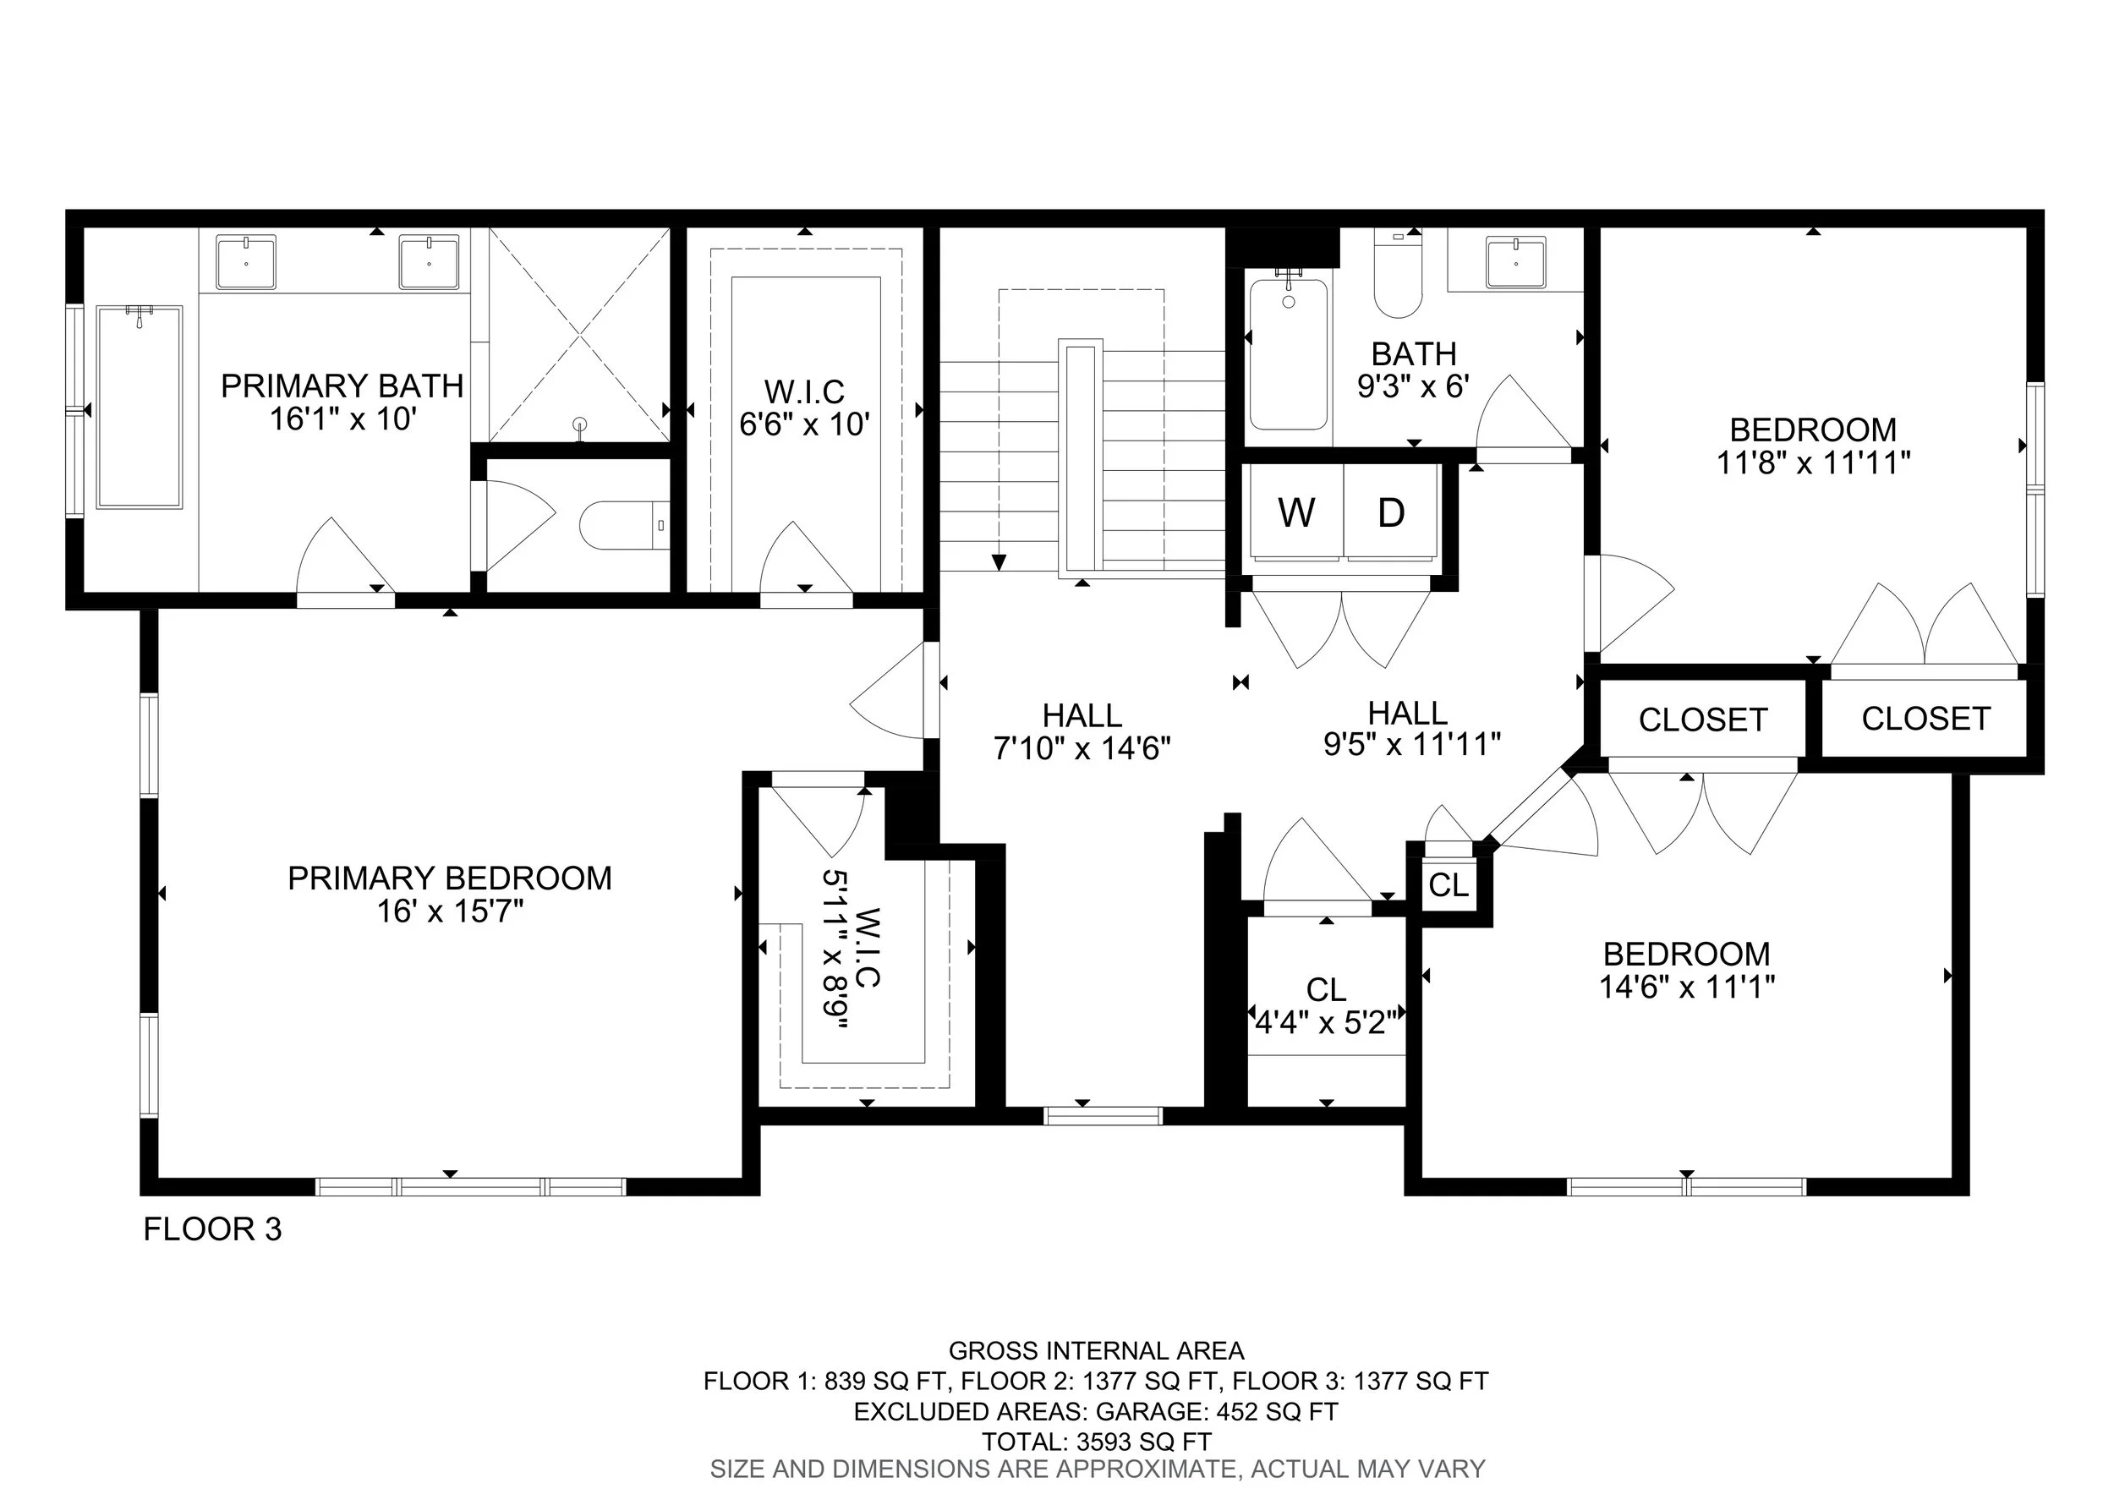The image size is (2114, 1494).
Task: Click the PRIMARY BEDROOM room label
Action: coord(449,878)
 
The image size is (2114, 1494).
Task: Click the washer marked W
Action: coord(1296,512)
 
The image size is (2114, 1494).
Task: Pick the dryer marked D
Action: coord(1390,512)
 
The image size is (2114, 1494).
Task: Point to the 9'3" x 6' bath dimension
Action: coord(1413,386)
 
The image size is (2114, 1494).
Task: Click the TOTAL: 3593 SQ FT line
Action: coord(1096,1441)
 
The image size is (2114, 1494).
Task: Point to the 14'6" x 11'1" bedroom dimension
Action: coord(1687,987)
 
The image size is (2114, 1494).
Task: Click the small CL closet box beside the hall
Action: coord(1449,884)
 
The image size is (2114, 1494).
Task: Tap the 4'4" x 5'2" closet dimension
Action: coord(1326,1021)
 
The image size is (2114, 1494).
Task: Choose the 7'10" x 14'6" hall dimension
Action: coord(1082,748)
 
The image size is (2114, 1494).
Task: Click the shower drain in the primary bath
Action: coord(580,424)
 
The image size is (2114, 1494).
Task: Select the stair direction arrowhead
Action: coord(999,561)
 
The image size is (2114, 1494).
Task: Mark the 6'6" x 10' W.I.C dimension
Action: coord(805,424)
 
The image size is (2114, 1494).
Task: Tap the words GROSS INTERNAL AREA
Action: coord(1096,1350)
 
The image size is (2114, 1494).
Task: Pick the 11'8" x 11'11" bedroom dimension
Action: coord(1813,462)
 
